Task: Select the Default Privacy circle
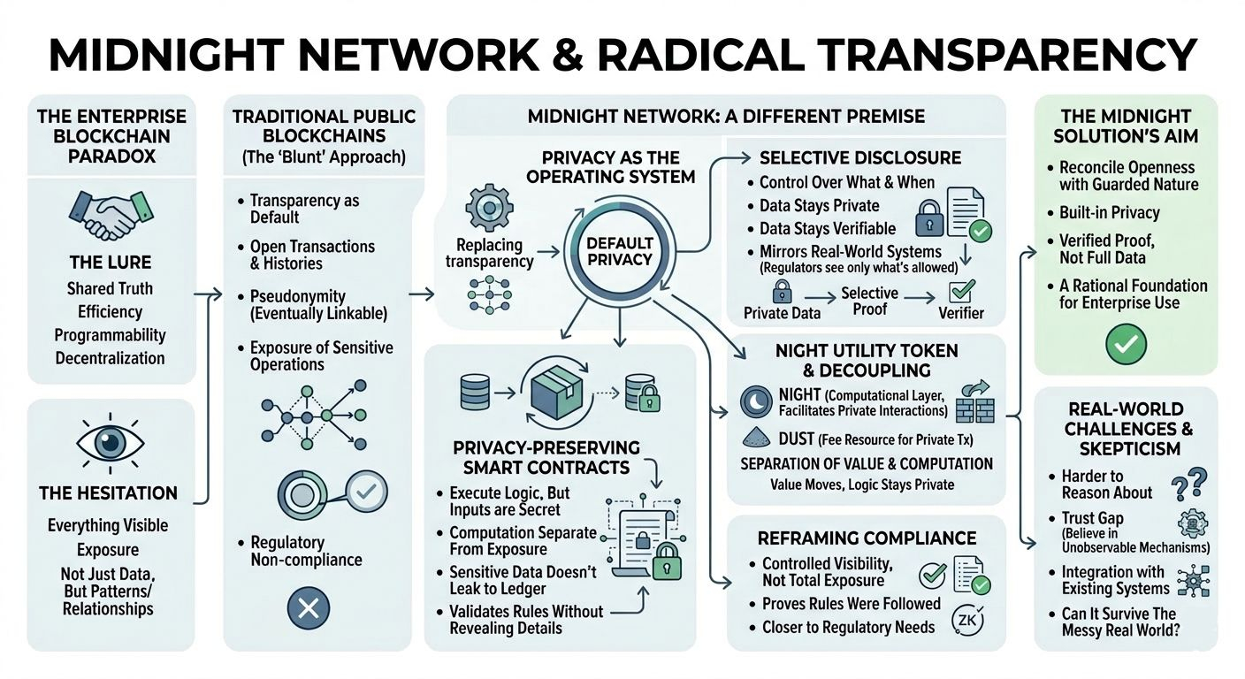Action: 620,251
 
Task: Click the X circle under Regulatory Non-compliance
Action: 309,607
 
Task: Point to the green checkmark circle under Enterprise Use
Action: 1126,341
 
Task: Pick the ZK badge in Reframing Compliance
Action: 963,621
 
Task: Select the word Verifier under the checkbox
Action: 961,313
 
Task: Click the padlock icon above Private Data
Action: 782,291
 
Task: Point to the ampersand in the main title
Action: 567,55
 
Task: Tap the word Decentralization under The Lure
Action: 110,358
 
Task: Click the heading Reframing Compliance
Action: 867,538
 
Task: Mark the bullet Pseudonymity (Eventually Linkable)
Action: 318,304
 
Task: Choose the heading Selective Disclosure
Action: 859,158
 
